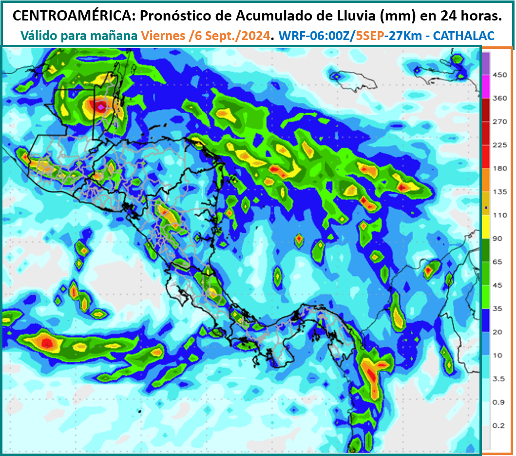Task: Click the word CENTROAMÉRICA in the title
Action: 71,16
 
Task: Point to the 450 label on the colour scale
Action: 500,75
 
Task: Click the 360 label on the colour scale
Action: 500,99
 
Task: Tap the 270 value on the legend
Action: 500,122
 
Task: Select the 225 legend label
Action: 500,145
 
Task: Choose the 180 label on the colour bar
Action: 500,168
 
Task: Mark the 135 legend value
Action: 500,192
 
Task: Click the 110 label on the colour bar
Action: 500,215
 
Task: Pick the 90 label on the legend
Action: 498,238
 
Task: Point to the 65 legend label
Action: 498,262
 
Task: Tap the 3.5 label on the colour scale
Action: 499,379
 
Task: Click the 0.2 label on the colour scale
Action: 499,426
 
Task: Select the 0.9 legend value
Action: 499,402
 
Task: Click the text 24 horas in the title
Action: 471,16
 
